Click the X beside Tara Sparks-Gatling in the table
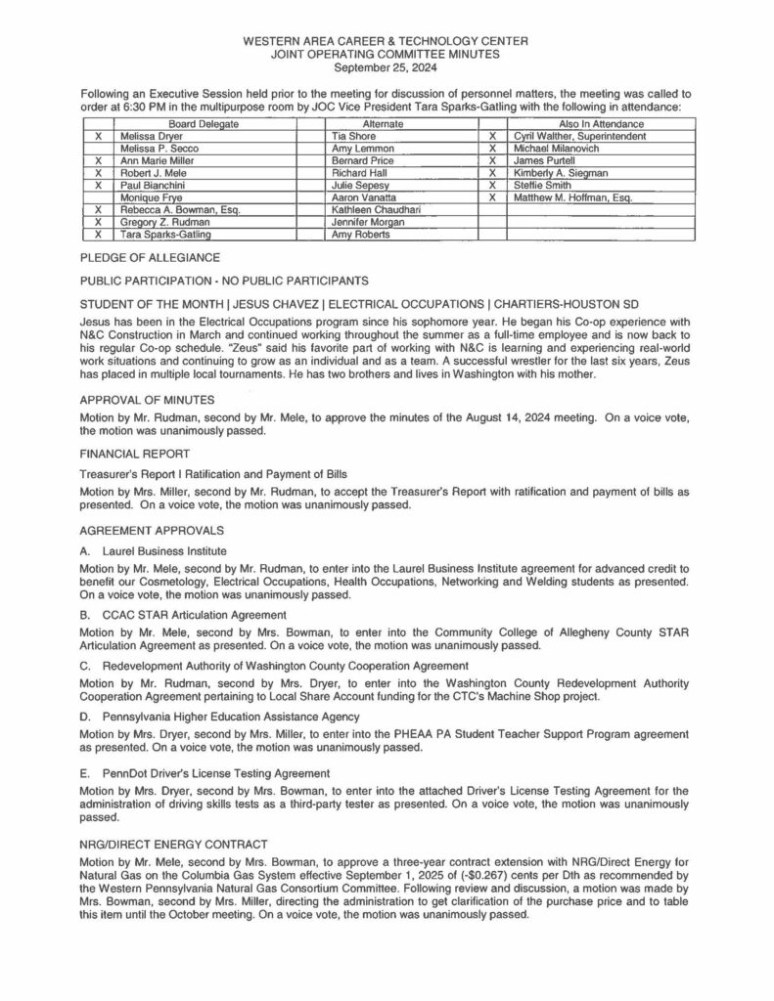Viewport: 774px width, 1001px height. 97,235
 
